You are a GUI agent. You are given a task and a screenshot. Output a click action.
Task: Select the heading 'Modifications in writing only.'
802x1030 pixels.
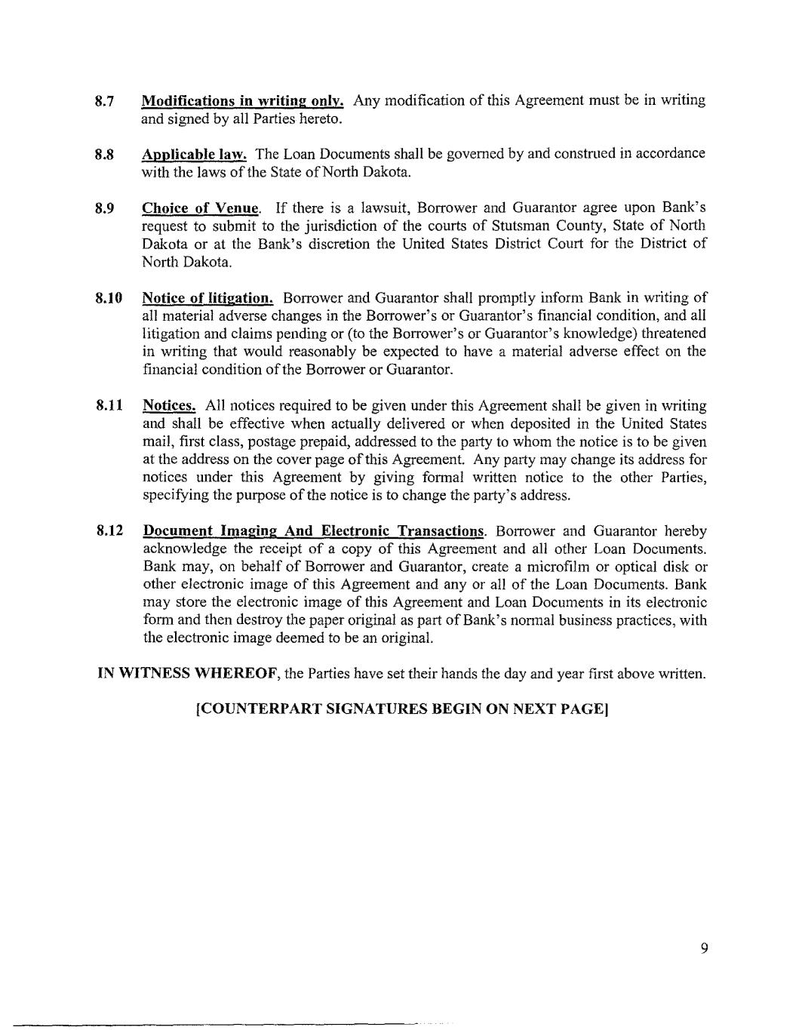tap(243, 101)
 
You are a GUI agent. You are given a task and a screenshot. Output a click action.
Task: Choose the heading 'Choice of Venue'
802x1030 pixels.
tap(201, 208)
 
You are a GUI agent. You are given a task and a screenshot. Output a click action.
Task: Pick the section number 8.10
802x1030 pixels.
tap(109, 298)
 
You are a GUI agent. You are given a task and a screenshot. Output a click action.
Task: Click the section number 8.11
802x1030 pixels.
tap(109, 406)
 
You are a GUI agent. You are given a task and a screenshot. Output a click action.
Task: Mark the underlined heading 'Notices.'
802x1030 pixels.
tap(169, 406)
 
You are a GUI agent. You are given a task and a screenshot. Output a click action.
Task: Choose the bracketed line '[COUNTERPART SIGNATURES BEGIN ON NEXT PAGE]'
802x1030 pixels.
tap(401, 709)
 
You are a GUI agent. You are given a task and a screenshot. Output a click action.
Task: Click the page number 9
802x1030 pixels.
tap(704, 949)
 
